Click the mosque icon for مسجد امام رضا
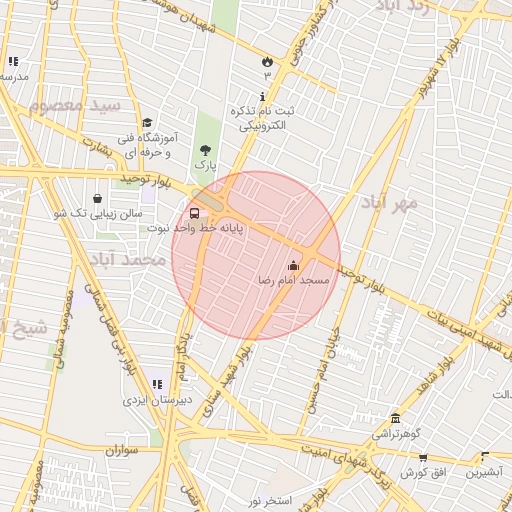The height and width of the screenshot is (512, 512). click(293, 266)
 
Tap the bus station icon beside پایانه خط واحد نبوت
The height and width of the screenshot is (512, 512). click(193, 213)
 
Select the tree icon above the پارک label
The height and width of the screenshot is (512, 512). click(205, 149)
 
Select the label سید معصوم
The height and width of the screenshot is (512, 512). click(74, 105)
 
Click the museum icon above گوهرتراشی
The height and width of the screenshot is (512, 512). click(396, 418)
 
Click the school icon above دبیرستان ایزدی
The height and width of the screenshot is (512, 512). click(156, 383)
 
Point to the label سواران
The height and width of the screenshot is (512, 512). click(117, 451)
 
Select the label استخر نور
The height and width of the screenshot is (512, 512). click(269, 499)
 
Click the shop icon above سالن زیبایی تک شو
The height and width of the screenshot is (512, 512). click(96, 198)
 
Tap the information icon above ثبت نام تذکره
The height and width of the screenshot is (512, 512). click(263, 97)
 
